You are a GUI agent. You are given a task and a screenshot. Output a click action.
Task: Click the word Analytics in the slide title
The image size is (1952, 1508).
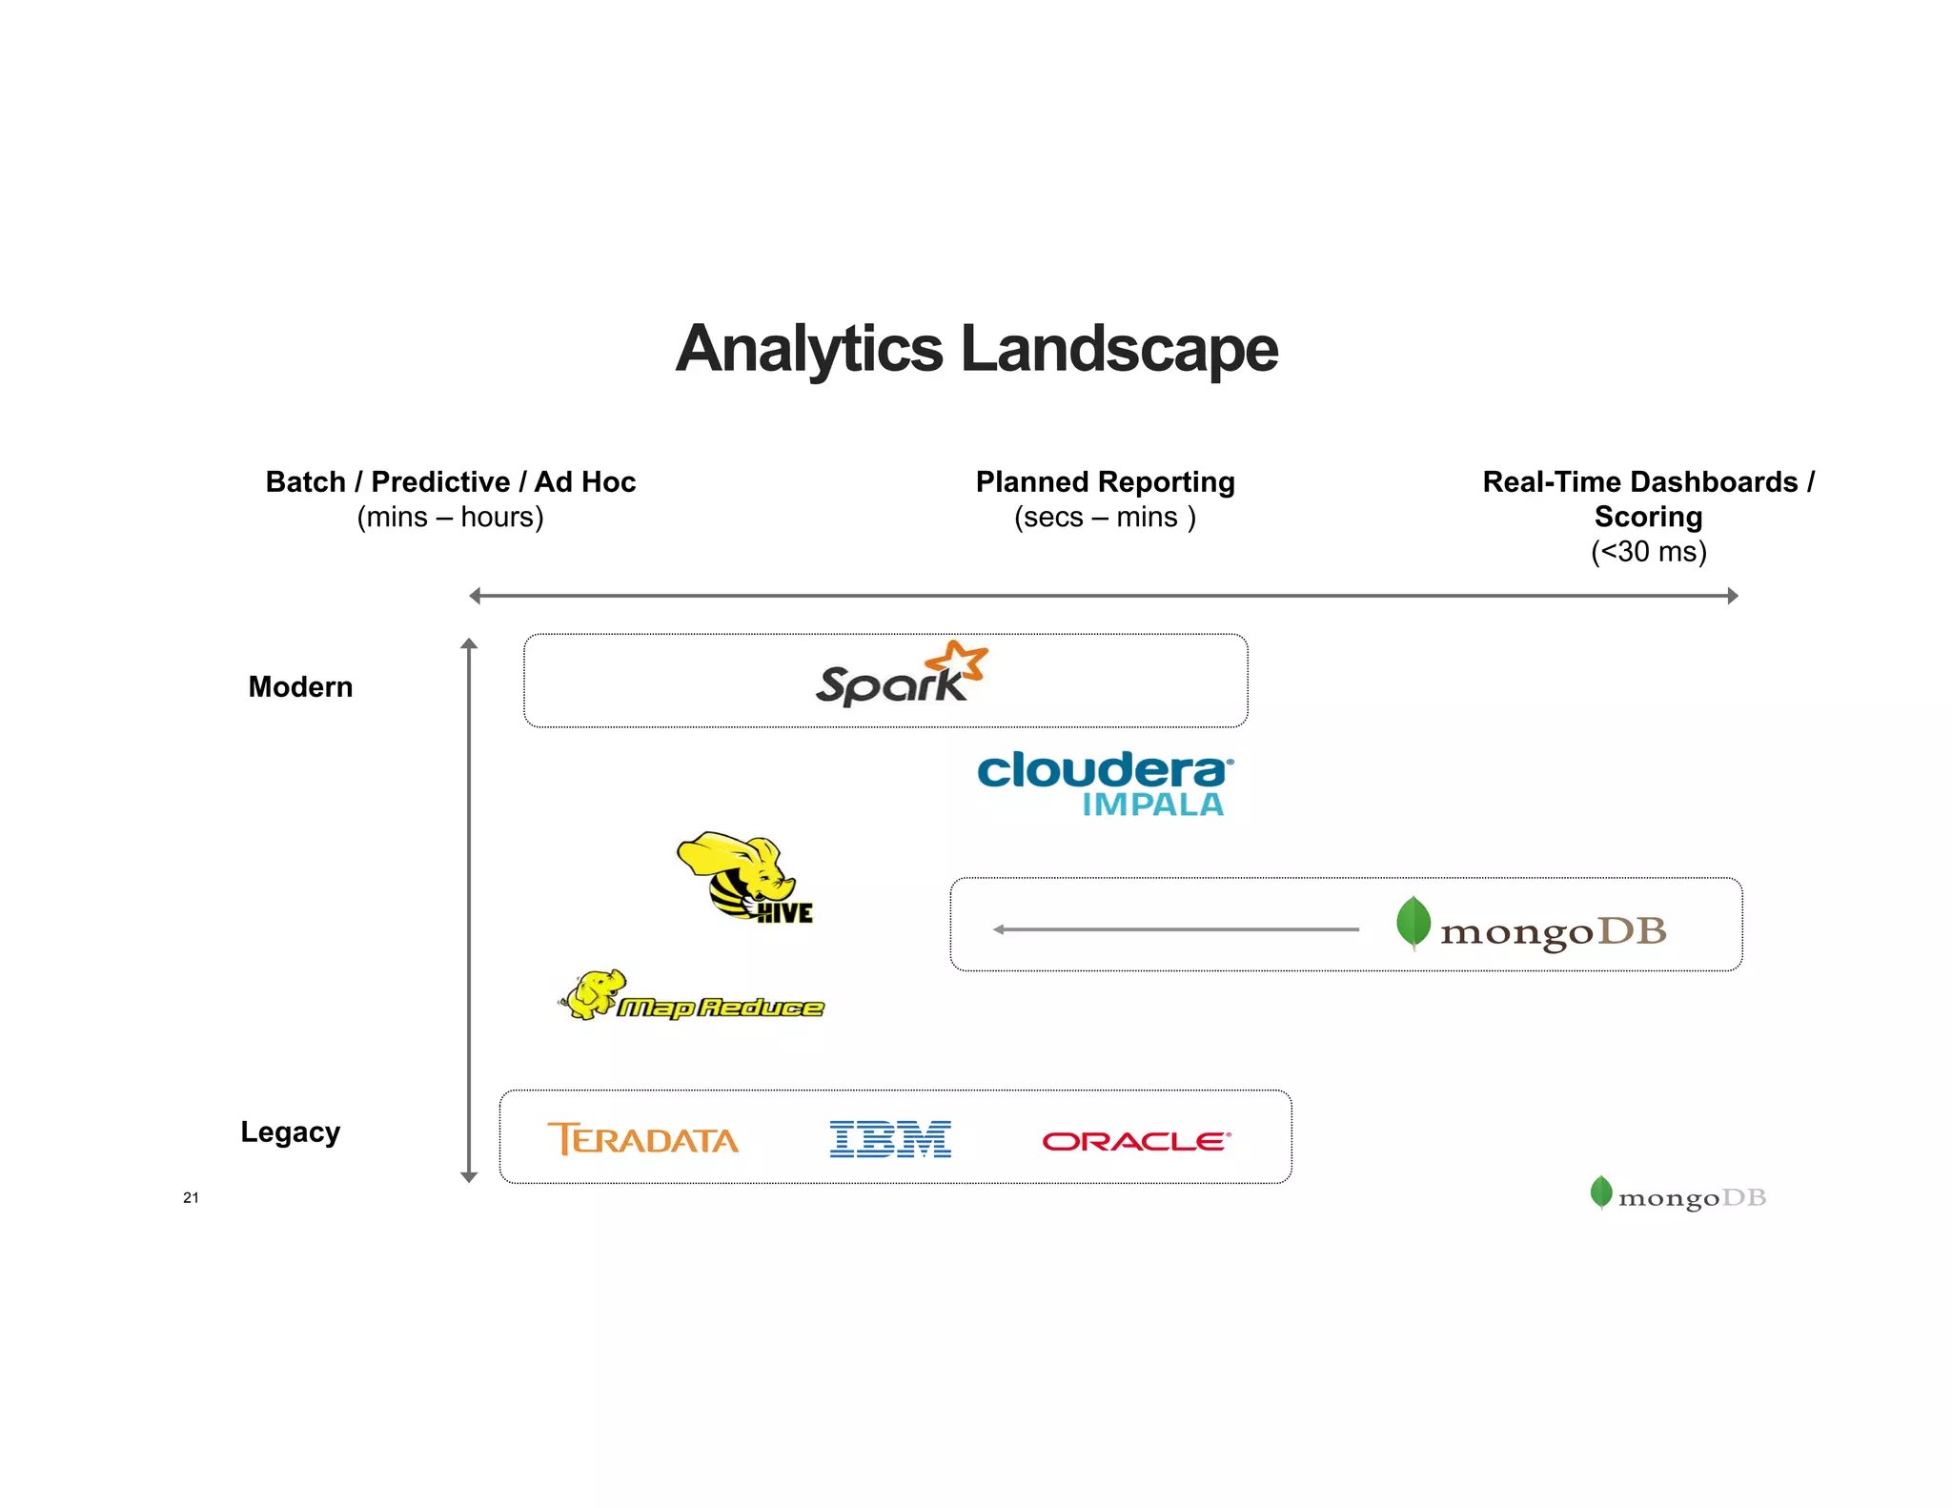click(808, 349)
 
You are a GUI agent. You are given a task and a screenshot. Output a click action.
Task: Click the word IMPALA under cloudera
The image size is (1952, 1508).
click(1152, 805)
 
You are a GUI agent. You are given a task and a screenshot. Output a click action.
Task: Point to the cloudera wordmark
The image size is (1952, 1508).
click(1104, 769)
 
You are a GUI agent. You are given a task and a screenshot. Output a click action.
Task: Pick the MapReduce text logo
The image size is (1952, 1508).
click(721, 1008)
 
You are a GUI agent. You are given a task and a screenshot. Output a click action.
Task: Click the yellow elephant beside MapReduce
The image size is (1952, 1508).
click(594, 993)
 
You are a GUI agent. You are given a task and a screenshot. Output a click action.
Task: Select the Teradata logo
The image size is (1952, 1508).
click(642, 1139)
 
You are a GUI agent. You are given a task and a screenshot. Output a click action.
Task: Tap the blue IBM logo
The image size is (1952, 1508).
click(890, 1139)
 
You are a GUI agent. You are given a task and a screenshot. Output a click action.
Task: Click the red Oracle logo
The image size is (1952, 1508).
click(1136, 1141)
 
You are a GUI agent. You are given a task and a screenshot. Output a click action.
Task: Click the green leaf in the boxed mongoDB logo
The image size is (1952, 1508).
click(1413, 922)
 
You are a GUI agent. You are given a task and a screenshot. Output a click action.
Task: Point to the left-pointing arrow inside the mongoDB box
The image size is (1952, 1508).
click(1174, 929)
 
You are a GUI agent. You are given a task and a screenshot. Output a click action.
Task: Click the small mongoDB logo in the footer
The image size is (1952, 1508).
click(1677, 1195)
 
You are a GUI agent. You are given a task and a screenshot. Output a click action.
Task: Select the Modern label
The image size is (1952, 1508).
click(300, 686)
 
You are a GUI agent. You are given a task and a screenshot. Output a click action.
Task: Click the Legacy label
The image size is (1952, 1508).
click(290, 1131)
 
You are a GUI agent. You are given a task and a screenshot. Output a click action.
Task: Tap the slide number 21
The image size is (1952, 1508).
click(191, 1197)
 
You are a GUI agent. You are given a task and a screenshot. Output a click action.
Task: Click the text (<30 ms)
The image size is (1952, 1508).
click(1648, 551)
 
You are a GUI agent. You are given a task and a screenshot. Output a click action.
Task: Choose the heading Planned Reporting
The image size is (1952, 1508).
click(1105, 481)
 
